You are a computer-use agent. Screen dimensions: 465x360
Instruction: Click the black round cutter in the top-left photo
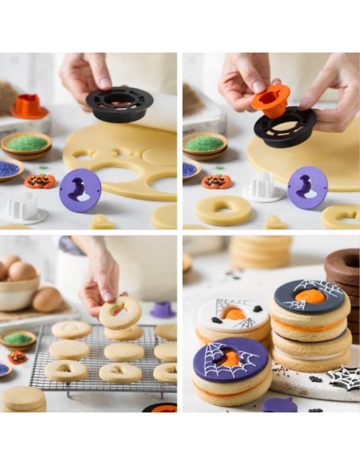click(119, 104)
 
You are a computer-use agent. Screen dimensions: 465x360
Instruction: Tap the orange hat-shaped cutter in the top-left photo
click(29, 107)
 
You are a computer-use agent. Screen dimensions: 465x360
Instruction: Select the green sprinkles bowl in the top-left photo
click(26, 143)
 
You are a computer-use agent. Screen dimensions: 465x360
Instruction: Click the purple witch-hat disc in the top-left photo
click(80, 190)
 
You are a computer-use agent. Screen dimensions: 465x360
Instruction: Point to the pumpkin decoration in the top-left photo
click(39, 181)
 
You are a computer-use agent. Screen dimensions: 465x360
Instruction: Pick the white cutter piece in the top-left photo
click(22, 208)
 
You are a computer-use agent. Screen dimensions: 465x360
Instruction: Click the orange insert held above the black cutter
click(270, 101)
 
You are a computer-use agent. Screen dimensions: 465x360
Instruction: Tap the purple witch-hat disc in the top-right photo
click(307, 188)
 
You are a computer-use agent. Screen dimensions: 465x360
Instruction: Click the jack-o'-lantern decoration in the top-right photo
click(215, 182)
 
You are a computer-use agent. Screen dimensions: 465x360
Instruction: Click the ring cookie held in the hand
click(120, 313)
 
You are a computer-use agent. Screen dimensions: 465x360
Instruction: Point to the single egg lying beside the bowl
click(47, 299)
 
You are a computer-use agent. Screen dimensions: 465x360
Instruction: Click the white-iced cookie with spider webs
click(233, 315)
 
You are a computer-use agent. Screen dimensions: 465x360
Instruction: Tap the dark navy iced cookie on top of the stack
click(309, 297)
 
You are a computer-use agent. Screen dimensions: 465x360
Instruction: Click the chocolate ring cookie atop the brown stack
click(342, 265)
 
